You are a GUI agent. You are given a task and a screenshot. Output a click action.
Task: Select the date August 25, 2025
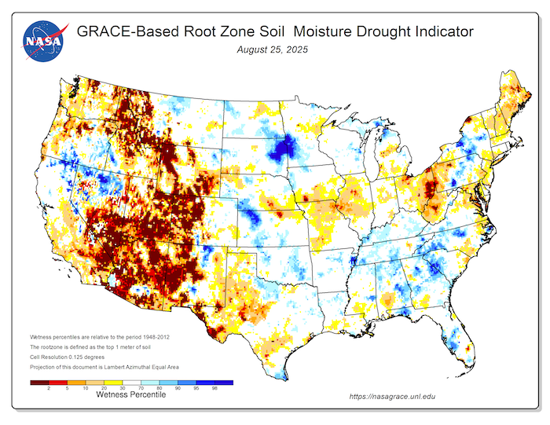pyautogui.click(x=273, y=49)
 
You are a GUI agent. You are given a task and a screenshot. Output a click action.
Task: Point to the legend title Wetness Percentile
pyautogui.click(x=131, y=396)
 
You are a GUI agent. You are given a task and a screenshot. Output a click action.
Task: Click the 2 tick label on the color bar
pyautogui.click(x=48, y=389)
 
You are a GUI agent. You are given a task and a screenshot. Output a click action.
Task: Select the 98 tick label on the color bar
pyautogui.click(x=214, y=389)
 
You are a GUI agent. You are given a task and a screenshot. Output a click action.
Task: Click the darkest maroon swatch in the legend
pyautogui.click(x=38, y=383)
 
